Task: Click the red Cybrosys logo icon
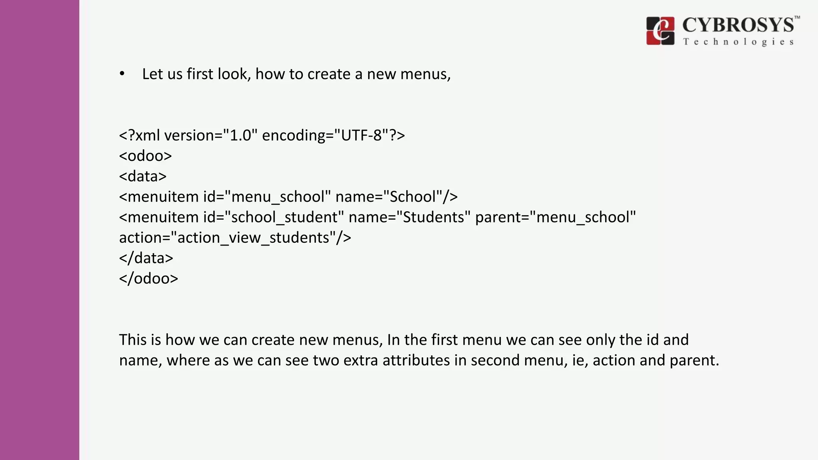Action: point(660,31)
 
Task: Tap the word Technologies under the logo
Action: point(738,42)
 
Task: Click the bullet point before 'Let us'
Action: point(122,74)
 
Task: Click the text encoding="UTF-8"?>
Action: point(334,135)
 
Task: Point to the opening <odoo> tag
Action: point(145,156)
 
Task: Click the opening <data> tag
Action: point(143,176)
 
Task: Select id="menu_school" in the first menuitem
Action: point(267,197)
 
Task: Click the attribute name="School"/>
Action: point(396,197)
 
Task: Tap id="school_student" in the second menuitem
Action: point(273,217)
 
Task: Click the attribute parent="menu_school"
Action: point(555,217)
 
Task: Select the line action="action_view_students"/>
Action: point(235,238)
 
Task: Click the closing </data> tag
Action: point(146,258)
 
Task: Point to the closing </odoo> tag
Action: point(149,278)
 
